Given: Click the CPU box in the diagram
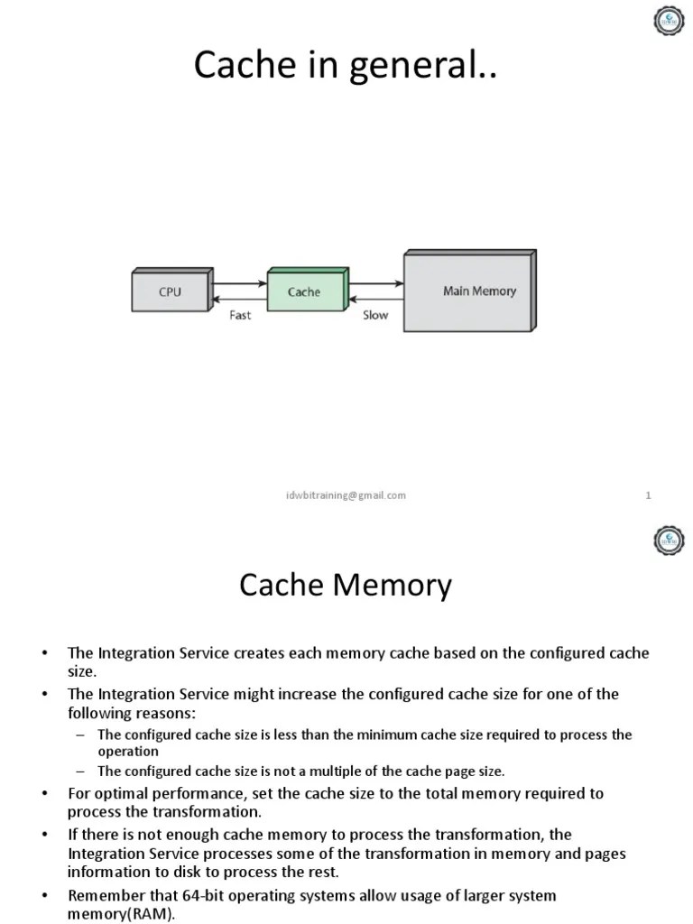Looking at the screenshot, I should (170, 292).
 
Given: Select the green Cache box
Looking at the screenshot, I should (304, 291).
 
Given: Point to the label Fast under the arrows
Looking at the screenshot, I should (240, 316).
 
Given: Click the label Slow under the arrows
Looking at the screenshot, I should (375, 316).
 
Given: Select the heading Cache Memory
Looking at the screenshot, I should (346, 587).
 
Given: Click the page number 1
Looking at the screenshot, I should (649, 495).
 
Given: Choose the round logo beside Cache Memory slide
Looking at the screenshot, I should (669, 541).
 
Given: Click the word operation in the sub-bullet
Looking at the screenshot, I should (128, 751).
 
